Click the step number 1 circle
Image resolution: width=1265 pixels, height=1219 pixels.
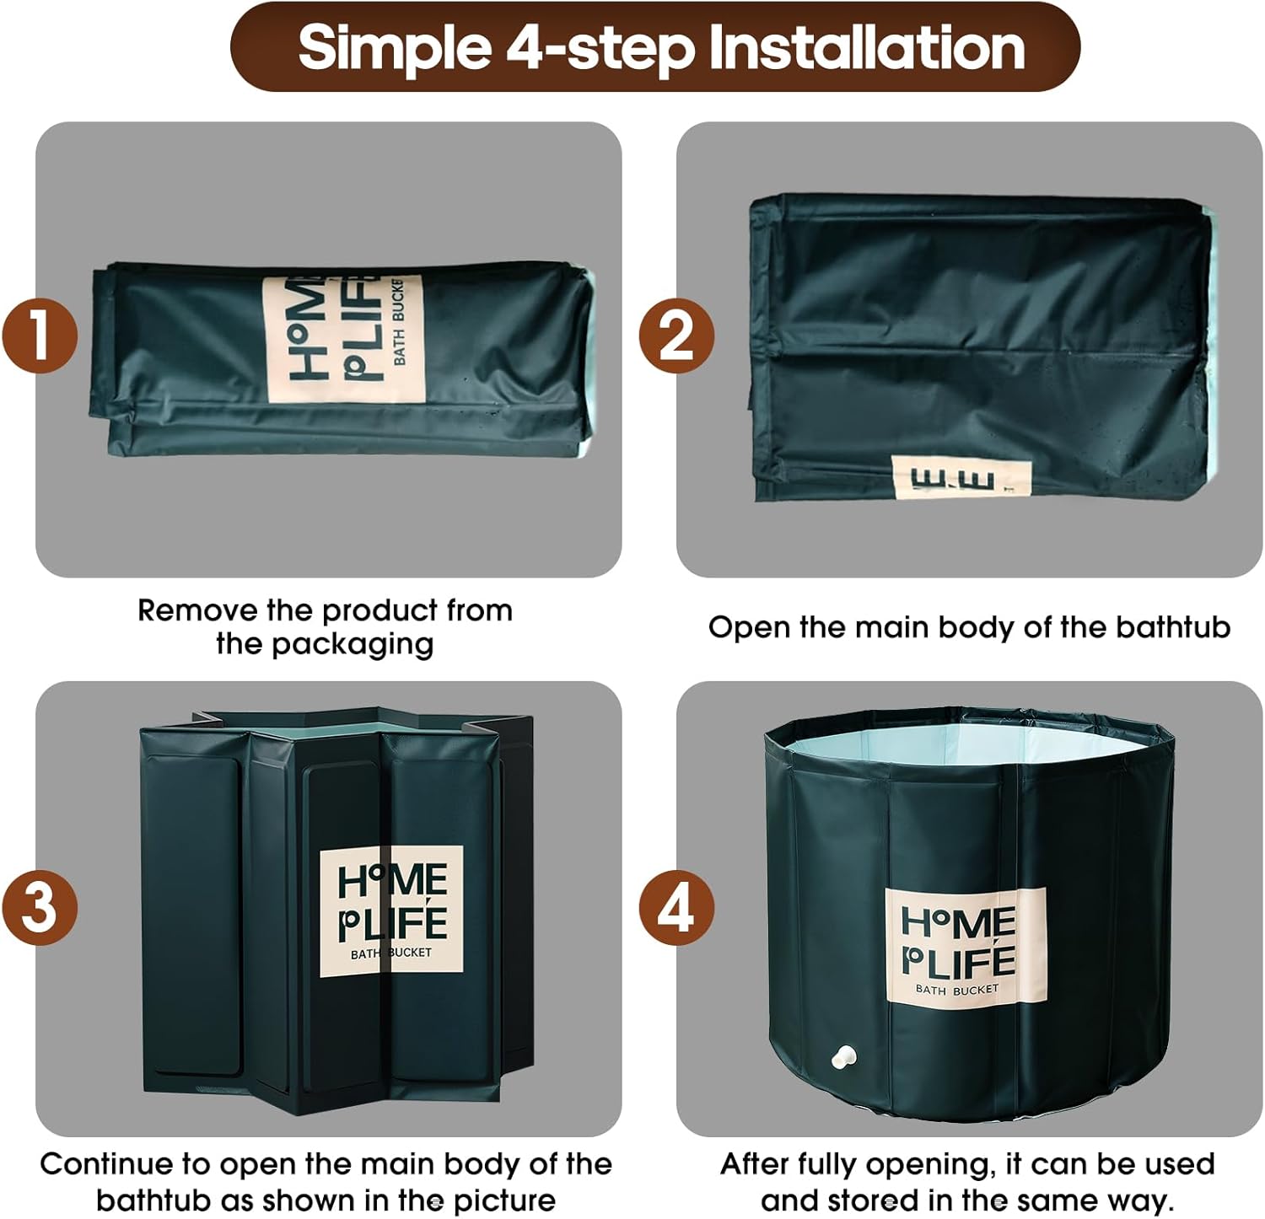[x=39, y=336]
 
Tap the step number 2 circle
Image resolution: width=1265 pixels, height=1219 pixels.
[x=676, y=336]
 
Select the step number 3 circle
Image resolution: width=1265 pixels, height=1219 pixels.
[x=39, y=908]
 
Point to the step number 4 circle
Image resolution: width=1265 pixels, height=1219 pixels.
[x=676, y=908]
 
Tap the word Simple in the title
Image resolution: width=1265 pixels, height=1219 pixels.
[x=395, y=49]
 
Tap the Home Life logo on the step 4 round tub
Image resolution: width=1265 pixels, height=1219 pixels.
[x=966, y=946]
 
